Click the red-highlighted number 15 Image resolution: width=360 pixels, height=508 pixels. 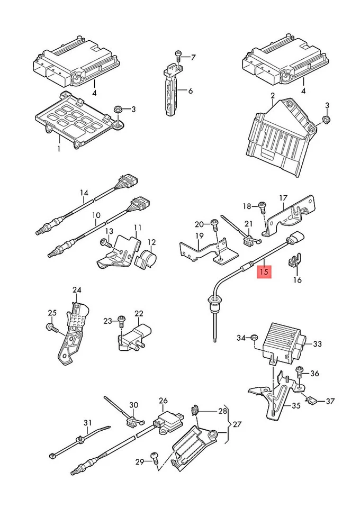(x=264, y=273)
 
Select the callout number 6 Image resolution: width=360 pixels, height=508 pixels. (x=190, y=91)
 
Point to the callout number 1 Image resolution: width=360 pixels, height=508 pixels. (x=59, y=149)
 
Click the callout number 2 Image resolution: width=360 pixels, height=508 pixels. (x=272, y=96)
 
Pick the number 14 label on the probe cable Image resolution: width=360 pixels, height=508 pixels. (x=83, y=193)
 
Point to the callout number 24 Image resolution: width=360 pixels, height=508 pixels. (x=77, y=289)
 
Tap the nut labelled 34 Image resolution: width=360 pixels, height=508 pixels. (x=254, y=337)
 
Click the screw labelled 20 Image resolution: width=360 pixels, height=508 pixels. (x=214, y=224)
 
